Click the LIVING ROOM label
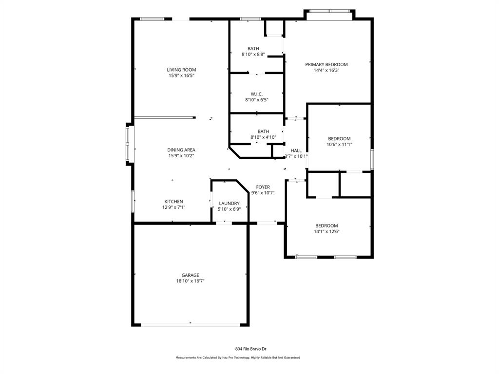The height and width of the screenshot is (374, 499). pyautogui.click(x=181, y=70)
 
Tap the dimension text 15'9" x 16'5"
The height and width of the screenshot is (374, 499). pyautogui.click(x=181, y=76)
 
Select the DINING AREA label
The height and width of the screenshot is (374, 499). pyautogui.click(x=181, y=150)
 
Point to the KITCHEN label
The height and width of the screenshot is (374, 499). pyautogui.click(x=173, y=202)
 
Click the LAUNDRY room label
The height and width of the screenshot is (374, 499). pyautogui.click(x=229, y=204)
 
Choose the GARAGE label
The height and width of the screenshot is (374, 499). pyautogui.click(x=190, y=275)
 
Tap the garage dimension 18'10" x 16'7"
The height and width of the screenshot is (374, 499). pyautogui.click(x=190, y=281)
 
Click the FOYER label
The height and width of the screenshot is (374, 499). pyautogui.click(x=263, y=187)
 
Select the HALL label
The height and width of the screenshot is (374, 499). pyautogui.click(x=296, y=150)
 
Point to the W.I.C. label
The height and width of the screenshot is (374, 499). pyautogui.click(x=257, y=94)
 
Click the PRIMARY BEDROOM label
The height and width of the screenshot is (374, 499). pyautogui.click(x=326, y=64)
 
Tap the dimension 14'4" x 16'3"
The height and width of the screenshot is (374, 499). pyautogui.click(x=326, y=71)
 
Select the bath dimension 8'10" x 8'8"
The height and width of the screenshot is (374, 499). pyautogui.click(x=253, y=55)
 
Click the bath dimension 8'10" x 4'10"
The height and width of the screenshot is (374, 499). pyautogui.click(x=263, y=137)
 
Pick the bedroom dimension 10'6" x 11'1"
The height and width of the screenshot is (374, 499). pyautogui.click(x=339, y=145)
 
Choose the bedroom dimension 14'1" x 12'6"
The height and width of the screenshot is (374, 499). pyautogui.click(x=326, y=232)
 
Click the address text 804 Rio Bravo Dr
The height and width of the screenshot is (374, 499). pyautogui.click(x=250, y=349)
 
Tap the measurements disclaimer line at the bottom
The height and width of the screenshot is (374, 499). pyautogui.click(x=238, y=358)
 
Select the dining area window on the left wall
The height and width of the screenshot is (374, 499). pyautogui.click(x=129, y=144)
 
